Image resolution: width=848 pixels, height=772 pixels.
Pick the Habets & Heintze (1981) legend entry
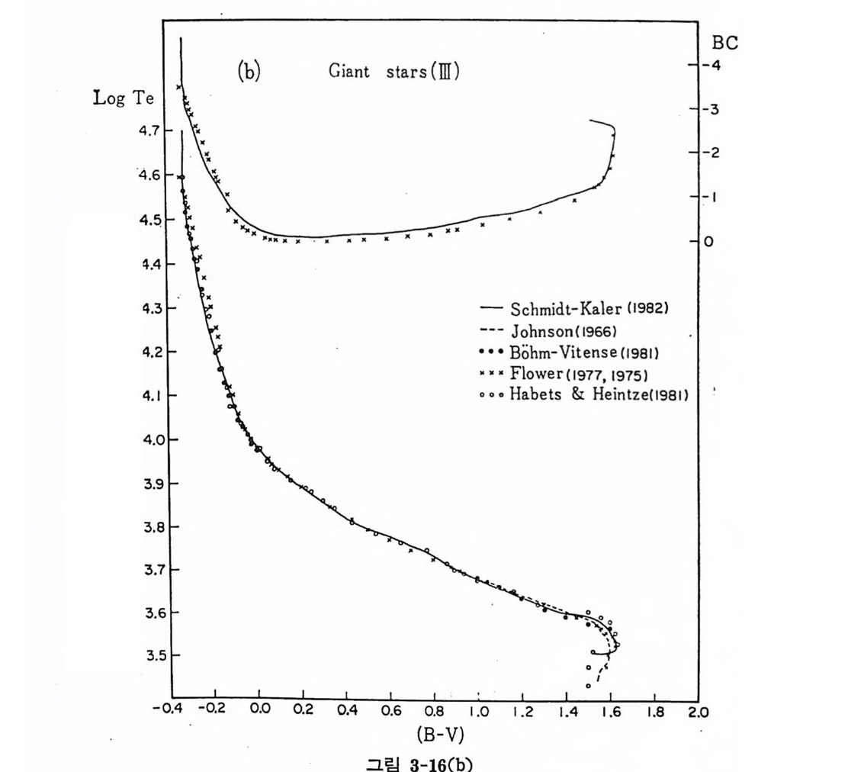tap(602, 394)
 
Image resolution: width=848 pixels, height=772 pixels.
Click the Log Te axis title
tap(124, 98)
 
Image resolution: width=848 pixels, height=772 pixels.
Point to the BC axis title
tap(724, 43)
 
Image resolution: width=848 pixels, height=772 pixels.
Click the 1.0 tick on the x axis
tap(478, 712)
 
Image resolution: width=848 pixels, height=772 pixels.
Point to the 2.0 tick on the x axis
tap(697, 712)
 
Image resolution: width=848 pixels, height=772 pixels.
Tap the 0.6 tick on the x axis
tap(391, 712)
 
